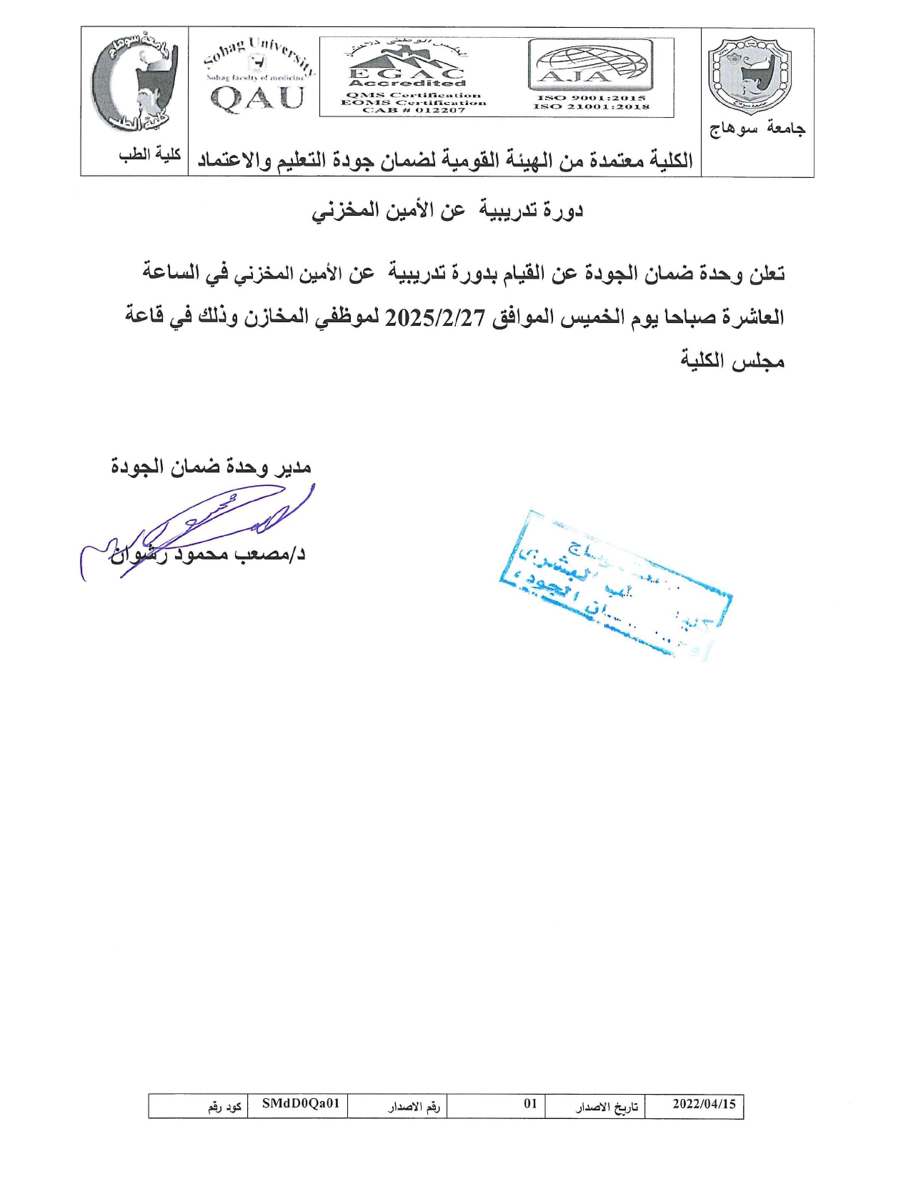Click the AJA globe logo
point(590,64)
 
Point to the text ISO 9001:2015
point(591,98)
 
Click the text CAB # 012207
point(414,110)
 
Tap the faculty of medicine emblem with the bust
point(134,82)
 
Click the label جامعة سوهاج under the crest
point(757,129)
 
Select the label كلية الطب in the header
point(149,154)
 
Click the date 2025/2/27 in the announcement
point(435,317)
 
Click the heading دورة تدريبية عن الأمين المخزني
point(447,210)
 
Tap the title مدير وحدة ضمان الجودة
point(211,467)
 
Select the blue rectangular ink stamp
point(614,582)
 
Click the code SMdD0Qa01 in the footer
point(300,1104)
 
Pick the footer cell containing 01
point(530,1104)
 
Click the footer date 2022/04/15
point(704,1104)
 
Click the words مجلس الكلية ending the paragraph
point(732,360)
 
